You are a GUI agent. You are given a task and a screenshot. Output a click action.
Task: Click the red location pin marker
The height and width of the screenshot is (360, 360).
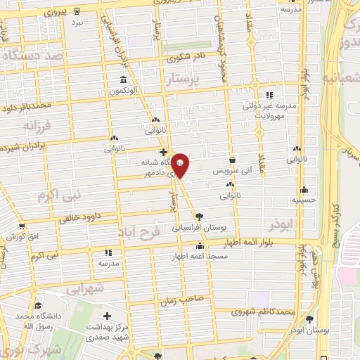[x=181, y=165]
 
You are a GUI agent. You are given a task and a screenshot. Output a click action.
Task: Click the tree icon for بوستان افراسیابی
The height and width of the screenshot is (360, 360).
[x=200, y=216]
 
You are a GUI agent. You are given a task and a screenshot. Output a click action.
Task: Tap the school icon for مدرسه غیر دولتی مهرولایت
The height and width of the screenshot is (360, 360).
[x=269, y=96]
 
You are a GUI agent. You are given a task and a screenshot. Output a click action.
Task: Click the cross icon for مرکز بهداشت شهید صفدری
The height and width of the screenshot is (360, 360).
[x=107, y=316]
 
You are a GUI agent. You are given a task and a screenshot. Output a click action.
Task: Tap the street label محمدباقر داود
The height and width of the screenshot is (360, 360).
[x=27, y=107]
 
